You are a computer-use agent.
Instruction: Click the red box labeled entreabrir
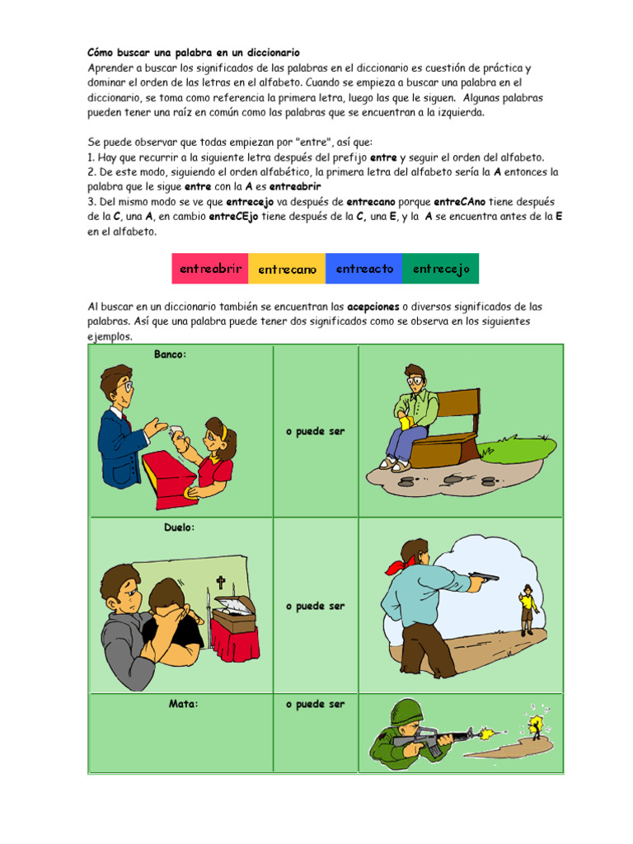(210, 269)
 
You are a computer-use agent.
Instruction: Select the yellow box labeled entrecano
(287, 269)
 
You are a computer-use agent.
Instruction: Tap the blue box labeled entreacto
(364, 269)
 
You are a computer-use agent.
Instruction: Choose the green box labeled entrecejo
(441, 269)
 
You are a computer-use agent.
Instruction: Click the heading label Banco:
(171, 354)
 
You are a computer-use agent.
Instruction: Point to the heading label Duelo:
(180, 527)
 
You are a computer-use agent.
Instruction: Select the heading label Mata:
(184, 705)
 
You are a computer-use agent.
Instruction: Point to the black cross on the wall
(220, 584)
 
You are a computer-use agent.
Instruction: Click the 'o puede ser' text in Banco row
(315, 432)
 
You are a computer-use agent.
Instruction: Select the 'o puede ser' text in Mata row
(315, 705)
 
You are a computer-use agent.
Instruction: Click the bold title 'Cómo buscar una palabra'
(194, 52)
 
